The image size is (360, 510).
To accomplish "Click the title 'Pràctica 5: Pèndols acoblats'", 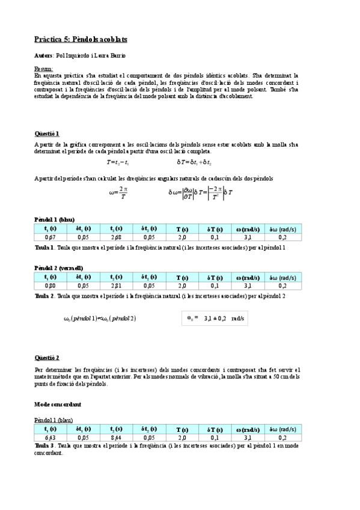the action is (80, 39).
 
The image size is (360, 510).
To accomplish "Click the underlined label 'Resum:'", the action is (43, 69).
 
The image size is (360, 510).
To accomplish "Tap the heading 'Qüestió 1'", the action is (47, 133).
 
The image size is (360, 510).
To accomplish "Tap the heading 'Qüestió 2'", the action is (47, 357).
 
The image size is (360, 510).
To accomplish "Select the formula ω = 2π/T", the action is (118, 194).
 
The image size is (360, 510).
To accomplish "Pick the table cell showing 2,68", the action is (117, 238).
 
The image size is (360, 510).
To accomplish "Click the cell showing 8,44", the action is (117, 437).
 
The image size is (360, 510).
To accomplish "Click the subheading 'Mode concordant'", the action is (58, 404).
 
